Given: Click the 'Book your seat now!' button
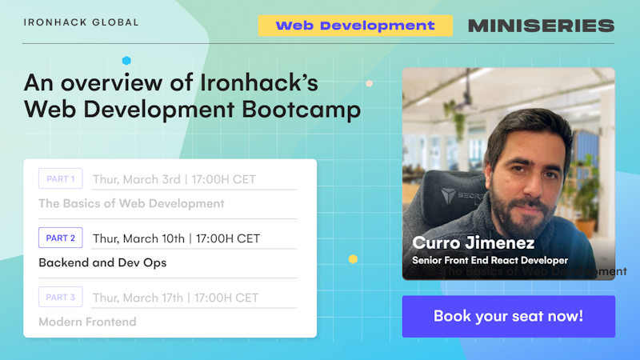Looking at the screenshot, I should (508, 316).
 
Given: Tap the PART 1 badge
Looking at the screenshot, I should (60, 179).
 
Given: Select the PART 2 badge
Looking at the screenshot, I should (60, 238).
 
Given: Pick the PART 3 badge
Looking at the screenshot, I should (60, 298).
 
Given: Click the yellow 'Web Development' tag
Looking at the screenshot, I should (355, 26).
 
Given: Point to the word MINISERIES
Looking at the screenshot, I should (541, 26).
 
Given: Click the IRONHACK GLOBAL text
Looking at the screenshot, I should (81, 22).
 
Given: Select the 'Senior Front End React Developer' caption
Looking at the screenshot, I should (490, 260).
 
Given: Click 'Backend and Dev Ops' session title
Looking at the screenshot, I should (102, 262).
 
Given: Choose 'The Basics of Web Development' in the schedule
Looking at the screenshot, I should (131, 203).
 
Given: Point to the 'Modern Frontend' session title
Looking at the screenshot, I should (87, 322).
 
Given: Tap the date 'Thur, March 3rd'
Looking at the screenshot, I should (138, 179).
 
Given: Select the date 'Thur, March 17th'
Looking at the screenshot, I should (139, 298).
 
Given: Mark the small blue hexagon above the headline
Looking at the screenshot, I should (126, 60).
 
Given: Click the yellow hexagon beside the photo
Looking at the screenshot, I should (353, 258).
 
